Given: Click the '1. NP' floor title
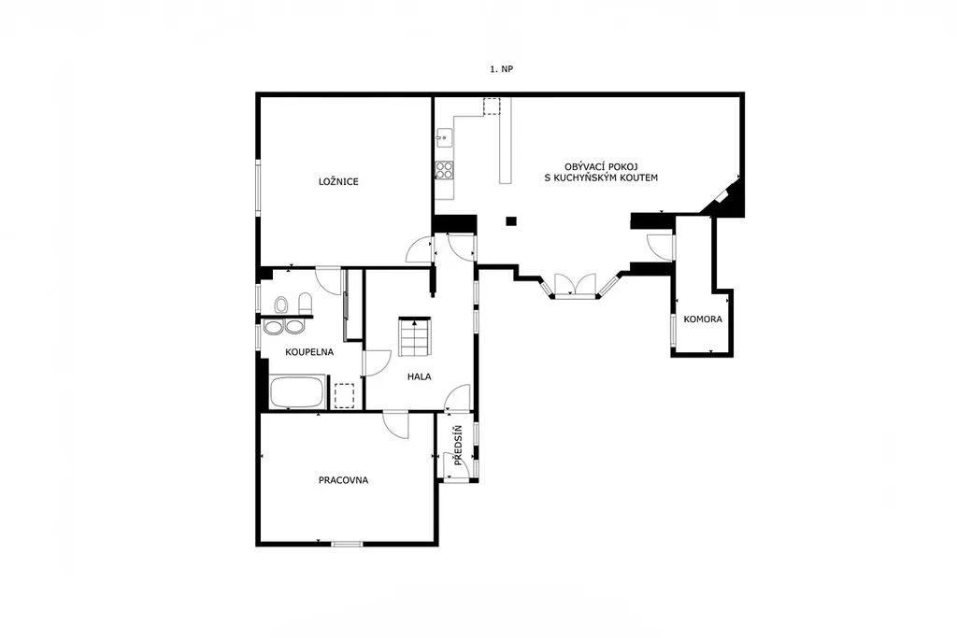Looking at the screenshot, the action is click(501, 69).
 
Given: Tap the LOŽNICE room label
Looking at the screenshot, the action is click(338, 182).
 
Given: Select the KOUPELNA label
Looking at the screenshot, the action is click(309, 352).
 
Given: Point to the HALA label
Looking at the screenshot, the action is click(420, 377).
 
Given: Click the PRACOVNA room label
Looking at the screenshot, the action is click(343, 481).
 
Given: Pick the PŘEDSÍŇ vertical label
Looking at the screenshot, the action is click(458, 446).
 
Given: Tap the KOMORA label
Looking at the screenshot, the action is click(703, 319).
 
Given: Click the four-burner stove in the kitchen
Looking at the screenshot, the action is click(444, 170).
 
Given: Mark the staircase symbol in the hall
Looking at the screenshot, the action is click(415, 336).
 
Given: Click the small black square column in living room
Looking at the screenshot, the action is click(511, 220).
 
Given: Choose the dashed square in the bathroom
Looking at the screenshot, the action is click(345, 394).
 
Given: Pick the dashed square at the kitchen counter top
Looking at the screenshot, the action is click(492, 106).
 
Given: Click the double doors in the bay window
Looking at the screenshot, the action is click(575, 286).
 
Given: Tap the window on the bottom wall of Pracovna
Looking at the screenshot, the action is click(347, 544).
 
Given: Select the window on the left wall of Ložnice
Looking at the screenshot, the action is click(258, 186).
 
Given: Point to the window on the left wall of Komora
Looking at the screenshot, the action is click(673, 330).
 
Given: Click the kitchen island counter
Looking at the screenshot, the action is click(506, 141).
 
